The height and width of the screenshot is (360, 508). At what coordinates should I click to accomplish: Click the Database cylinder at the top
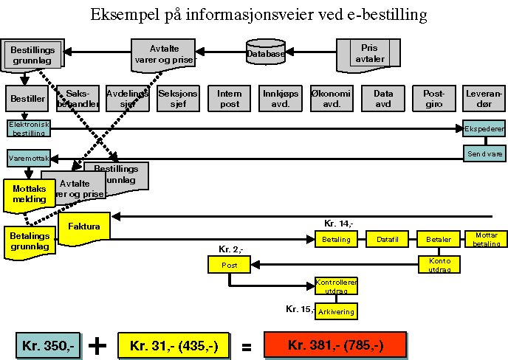click(266, 53)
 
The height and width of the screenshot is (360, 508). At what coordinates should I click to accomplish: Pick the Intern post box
click(229, 98)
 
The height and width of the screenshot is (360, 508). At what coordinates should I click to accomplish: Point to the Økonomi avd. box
click(332, 98)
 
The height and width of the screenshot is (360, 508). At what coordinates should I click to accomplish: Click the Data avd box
click(382, 98)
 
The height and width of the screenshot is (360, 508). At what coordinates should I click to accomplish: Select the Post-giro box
click(433, 98)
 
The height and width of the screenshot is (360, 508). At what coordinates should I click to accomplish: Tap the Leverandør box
click(484, 98)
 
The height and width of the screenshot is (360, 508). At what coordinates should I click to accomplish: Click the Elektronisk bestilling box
click(29, 128)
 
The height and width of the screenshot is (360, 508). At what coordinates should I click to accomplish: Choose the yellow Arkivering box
click(336, 311)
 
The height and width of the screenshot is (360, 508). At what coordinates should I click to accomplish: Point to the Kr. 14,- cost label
click(339, 224)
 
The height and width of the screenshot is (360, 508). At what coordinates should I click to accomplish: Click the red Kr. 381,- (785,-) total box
click(335, 345)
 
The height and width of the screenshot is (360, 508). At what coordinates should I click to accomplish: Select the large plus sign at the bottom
click(97, 345)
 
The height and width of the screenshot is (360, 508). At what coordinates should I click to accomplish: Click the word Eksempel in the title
click(123, 14)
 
